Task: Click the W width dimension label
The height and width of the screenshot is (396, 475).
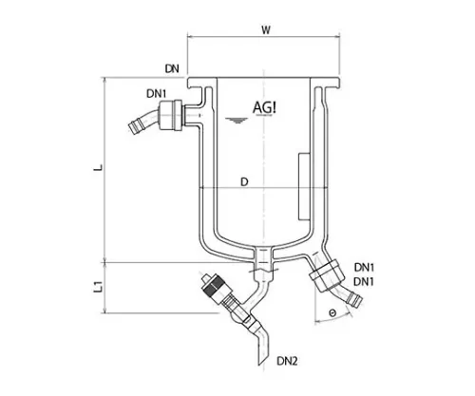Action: tap(266, 30)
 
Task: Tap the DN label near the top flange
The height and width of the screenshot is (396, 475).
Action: tap(172, 68)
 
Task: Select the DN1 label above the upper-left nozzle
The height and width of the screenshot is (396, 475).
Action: tap(156, 94)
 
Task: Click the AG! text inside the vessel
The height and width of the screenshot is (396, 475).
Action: tap(264, 107)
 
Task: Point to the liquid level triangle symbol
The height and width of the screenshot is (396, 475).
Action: tap(237, 121)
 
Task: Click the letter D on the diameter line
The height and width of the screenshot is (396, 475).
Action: tap(244, 182)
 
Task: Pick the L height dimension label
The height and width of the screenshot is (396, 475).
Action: tap(99, 167)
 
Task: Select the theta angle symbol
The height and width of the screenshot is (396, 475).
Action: tap(332, 313)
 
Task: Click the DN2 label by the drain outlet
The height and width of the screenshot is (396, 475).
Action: tap(287, 361)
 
